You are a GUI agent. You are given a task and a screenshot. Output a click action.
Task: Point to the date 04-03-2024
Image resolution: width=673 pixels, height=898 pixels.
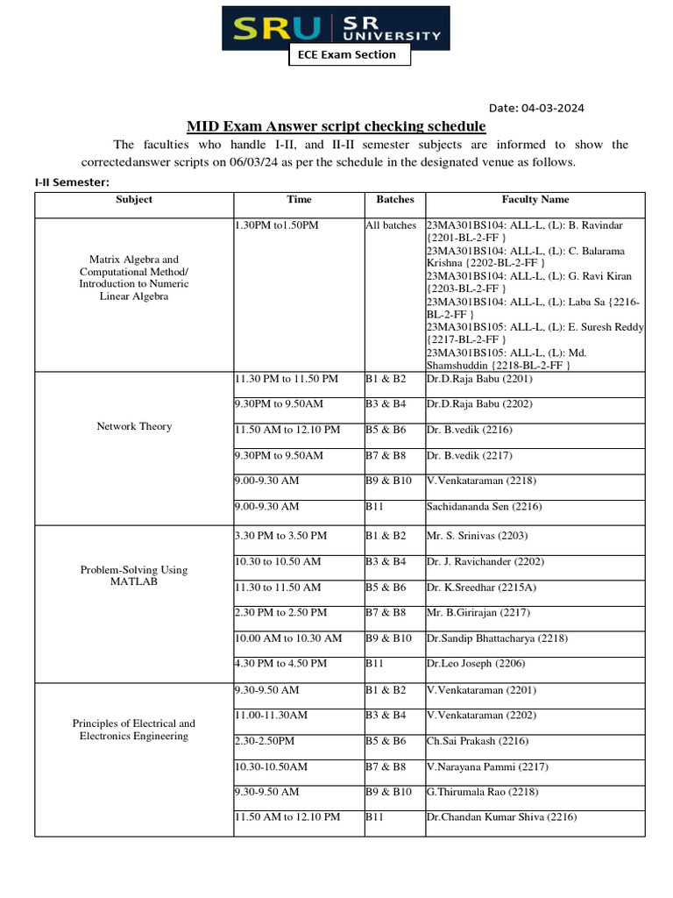coord(536,108)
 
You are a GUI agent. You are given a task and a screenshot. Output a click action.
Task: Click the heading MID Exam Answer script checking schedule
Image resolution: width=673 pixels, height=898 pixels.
coord(336,127)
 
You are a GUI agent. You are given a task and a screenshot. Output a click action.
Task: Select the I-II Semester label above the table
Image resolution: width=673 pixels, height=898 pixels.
coord(72,182)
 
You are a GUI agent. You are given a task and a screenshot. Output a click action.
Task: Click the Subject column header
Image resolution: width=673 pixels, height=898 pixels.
coord(133,199)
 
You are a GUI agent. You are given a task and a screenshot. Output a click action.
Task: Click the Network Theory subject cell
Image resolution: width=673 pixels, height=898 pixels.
coord(133,426)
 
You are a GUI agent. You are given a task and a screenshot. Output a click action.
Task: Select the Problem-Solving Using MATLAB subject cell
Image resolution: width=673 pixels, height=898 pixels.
coord(133,575)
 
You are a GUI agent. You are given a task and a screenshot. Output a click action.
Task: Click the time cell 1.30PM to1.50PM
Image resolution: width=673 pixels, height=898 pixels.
coord(277,225)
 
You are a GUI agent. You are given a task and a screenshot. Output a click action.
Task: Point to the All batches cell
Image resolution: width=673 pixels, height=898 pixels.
coord(391,225)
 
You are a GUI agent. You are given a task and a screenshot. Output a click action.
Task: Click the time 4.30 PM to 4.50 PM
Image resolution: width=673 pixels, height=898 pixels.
coord(280,664)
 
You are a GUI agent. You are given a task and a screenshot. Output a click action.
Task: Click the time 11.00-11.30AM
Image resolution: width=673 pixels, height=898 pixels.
coord(272,715)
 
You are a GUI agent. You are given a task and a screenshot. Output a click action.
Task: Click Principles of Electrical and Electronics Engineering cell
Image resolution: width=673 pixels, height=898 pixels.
coord(133,730)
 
